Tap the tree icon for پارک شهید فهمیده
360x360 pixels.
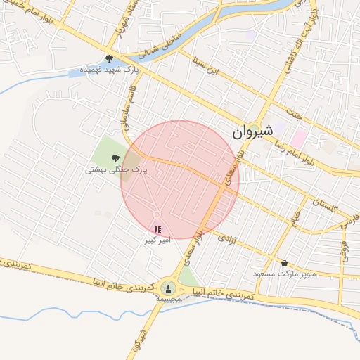109,58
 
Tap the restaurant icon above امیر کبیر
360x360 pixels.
157,229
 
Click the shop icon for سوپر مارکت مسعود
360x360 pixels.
284,263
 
